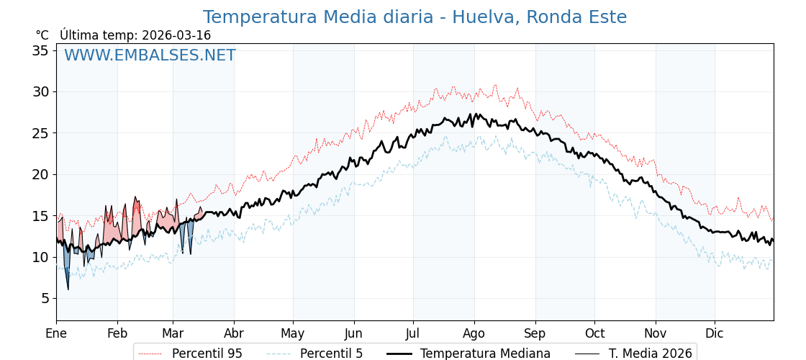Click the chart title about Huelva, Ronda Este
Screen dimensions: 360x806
point(415,17)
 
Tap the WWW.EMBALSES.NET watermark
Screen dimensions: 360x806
point(150,55)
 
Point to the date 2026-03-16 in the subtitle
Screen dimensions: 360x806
point(176,35)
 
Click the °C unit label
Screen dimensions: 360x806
point(42,35)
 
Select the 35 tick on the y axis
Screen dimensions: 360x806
point(40,50)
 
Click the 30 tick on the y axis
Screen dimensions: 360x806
point(40,91)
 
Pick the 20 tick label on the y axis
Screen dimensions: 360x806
point(40,174)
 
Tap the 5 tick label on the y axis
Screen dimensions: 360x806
point(45,298)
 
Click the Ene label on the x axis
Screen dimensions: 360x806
point(56,333)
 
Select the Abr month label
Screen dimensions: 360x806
point(234,333)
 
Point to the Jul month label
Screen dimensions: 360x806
point(413,333)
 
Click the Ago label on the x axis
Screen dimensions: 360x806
point(474,333)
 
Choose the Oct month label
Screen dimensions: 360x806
point(594,333)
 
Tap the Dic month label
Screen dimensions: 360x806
point(715,333)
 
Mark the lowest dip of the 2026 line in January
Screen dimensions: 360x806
point(68,289)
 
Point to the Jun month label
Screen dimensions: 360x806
point(353,333)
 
